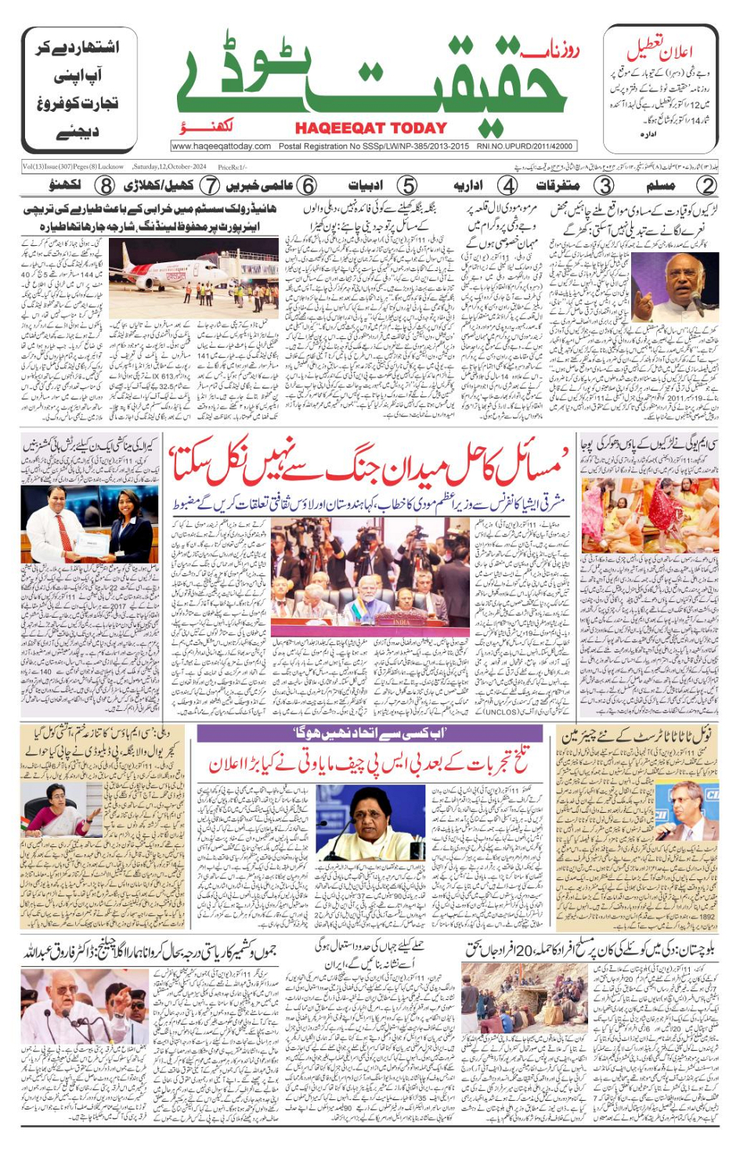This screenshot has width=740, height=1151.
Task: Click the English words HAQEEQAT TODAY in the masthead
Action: coord(370,128)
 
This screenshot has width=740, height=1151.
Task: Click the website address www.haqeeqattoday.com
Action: coord(221,146)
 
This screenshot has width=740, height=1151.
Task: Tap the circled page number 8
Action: coord(104,186)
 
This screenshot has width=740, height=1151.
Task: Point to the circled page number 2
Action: coord(706,186)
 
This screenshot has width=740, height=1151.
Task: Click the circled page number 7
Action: coord(209,186)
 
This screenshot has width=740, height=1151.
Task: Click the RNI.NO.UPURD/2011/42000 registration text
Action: coord(525,146)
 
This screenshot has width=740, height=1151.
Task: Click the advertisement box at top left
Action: coord(78,88)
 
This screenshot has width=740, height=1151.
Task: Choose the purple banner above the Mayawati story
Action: coord(370,734)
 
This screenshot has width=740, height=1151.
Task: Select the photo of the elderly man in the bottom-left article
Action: coord(85,1007)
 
